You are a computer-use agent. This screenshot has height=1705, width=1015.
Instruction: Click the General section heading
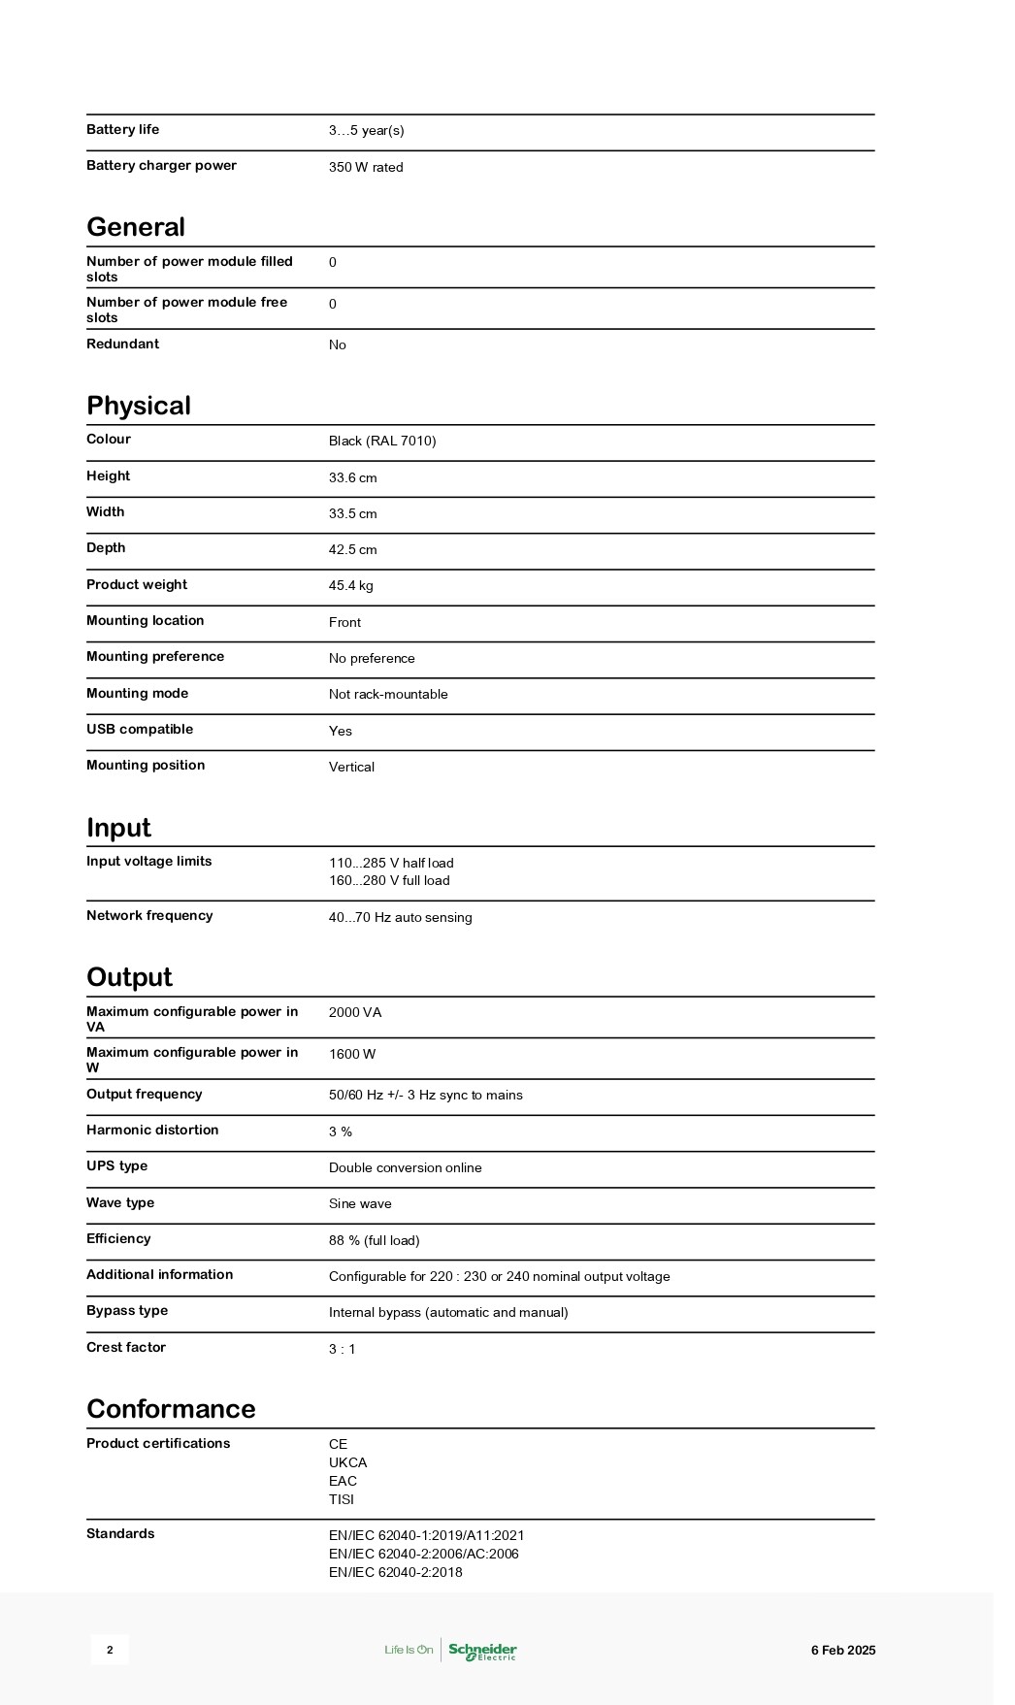pyautogui.click(x=136, y=227)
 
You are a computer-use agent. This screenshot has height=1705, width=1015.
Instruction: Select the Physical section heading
pyautogui.click(x=139, y=406)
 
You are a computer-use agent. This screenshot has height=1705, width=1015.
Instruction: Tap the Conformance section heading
pyautogui.click(x=171, y=1409)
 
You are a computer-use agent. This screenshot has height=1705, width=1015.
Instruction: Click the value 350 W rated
pyautogui.click(x=366, y=167)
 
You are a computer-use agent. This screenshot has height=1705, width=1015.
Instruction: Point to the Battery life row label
pyautogui.click(x=122, y=130)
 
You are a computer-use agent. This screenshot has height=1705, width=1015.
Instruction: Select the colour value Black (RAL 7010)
pyautogui.click(x=382, y=442)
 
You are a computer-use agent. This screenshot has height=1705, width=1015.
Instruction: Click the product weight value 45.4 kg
pyautogui.click(x=351, y=586)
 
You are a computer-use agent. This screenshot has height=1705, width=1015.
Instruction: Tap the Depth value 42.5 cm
pyautogui.click(x=353, y=550)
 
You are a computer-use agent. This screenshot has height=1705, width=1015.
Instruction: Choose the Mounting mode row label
pyautogui.click(x=137, y=694)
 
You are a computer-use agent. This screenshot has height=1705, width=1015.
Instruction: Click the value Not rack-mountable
pyautogui.click(x=388, y=695)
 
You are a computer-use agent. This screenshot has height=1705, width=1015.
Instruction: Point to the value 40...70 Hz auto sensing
pyautogui.click(x=401, y=918)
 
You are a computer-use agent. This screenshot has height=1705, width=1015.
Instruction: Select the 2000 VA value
pyautogui.click(x=355, y=1013)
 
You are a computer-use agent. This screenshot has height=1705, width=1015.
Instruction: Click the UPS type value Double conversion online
pyautogui.click(x=406, y=1168)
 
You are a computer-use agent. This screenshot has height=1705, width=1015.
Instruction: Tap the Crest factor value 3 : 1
pyautogui.click(x=343, y=1350)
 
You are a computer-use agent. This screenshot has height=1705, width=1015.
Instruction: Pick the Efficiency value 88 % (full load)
pyautogui.click(x=375, y=1241)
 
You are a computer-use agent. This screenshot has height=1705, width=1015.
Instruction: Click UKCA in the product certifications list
pyautogui.click(x=348, y=1463)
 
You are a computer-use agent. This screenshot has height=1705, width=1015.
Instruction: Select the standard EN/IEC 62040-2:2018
pyautogui.click(x=396, y=1573)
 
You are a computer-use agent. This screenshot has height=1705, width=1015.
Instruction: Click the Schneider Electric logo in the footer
pyautogui.click(x=482, y=1651)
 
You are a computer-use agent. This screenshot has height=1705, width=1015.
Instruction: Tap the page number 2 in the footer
pyautogui.click(x=110, y=1651)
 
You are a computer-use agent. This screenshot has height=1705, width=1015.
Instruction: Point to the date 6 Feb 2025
pyautogui.click(x=843, y=1651)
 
